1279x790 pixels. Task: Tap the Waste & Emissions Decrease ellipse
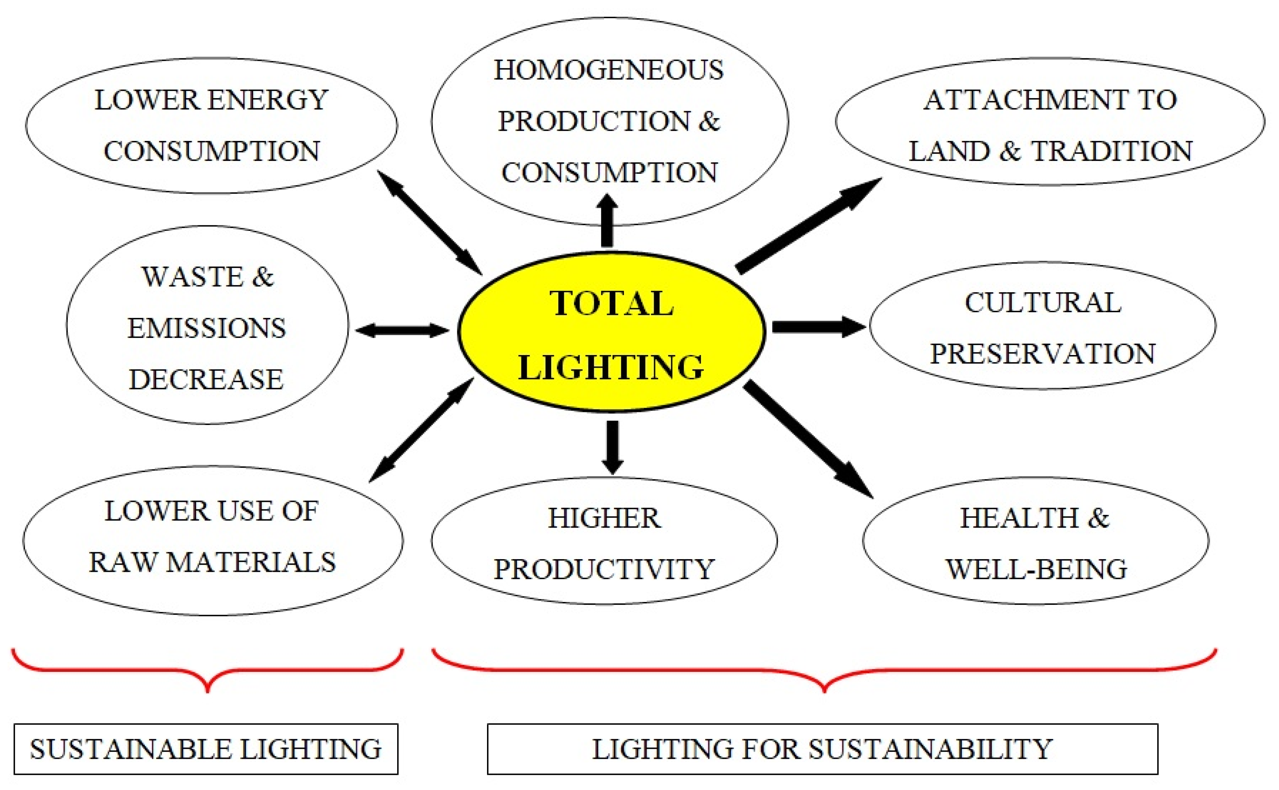207,325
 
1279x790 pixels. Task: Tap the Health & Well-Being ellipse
1035,541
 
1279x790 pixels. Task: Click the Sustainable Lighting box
206,749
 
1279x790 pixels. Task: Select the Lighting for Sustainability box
822,749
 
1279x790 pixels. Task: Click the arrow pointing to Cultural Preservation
818,327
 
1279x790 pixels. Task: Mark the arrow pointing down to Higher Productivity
612,447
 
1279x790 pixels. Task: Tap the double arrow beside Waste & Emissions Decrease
402,330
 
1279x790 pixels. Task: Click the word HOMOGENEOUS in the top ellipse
608,71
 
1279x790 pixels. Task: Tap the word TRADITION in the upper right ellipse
1111,152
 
